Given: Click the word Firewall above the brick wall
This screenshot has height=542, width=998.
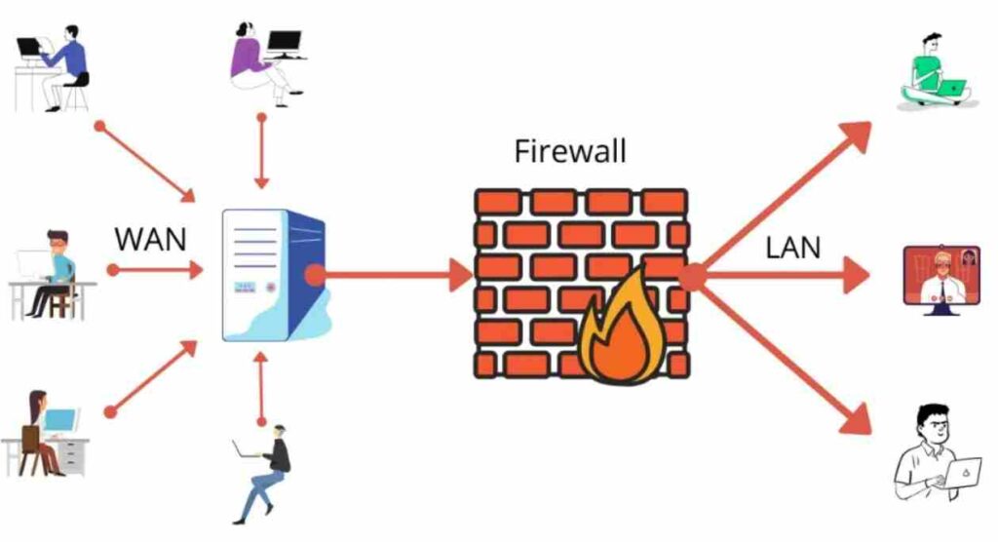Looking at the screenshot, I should pos(570,152).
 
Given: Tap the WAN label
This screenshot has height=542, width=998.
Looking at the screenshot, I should pos(150,239).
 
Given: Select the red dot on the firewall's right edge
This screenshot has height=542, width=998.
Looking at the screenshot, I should pos(691,278).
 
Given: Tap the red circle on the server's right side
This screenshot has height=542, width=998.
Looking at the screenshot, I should pos(315,276).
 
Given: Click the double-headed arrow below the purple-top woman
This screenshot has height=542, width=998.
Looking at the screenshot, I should pos(261,151).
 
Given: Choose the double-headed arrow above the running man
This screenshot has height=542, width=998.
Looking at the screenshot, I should pos(261,389).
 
